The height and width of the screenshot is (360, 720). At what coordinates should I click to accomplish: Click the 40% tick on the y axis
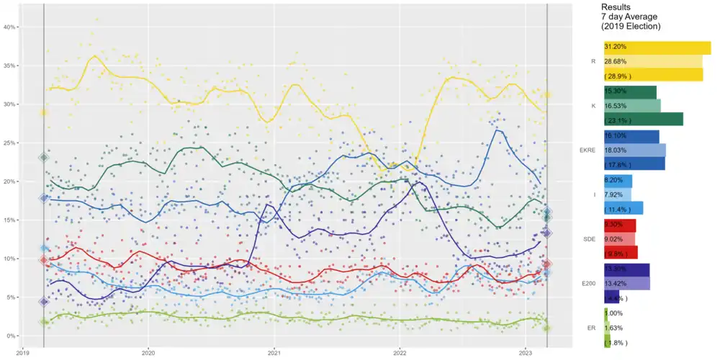coord(11,27)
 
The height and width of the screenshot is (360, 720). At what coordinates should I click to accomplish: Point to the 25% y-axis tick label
coord(11,143)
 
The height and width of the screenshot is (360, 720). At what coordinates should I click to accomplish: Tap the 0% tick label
coord(12,336)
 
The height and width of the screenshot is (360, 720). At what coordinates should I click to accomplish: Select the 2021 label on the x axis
coord(274,353)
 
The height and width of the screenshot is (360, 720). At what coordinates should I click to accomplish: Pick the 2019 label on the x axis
coord(23,353)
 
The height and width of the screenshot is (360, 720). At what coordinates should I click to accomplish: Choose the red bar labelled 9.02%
coord(620,239)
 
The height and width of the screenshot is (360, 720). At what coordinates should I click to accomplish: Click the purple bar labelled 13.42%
coord(627,284)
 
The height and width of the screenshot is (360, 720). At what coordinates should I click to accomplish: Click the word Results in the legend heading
coord(616,7)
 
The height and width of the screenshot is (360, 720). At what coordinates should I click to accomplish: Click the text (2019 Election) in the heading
coord(631,26)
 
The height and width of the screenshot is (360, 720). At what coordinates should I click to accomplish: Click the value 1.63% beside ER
coord(615,328)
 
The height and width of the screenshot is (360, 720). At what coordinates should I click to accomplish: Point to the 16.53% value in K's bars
coord(616,106)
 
